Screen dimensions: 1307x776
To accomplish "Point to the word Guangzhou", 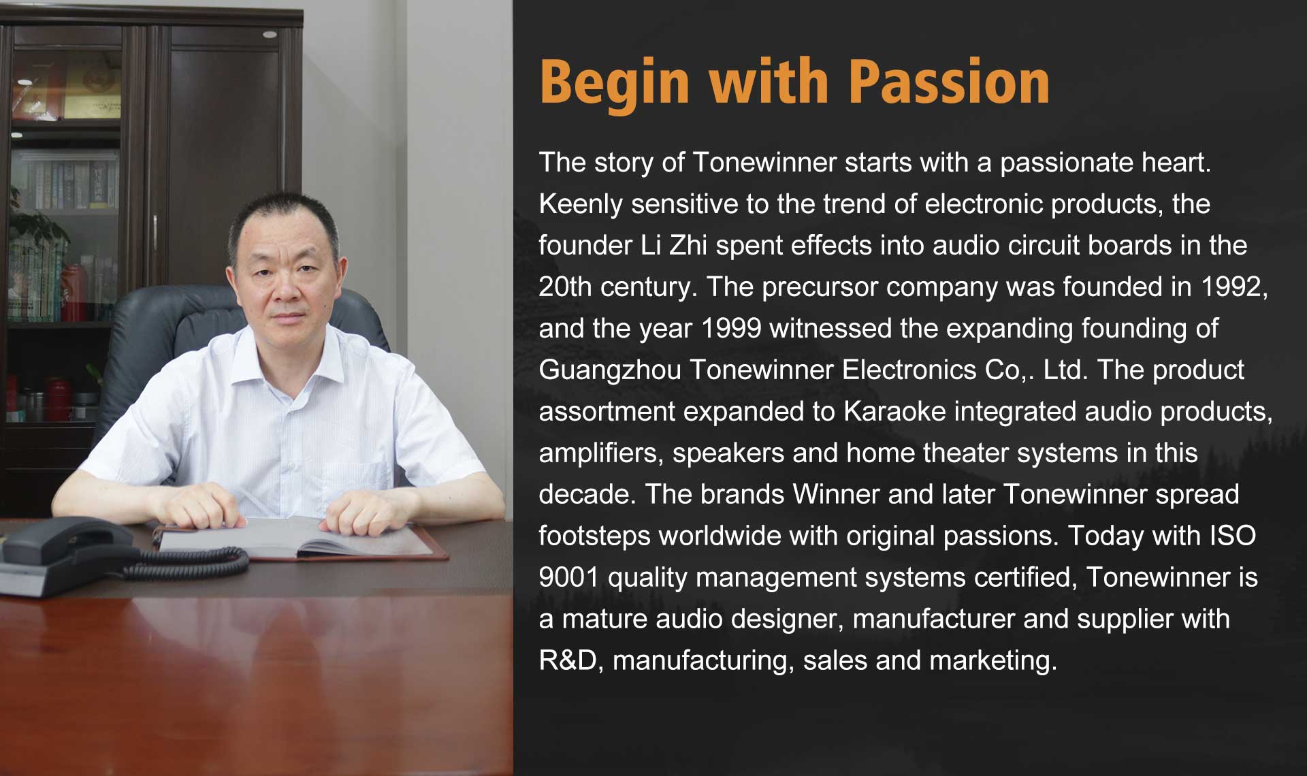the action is pyautogui.click(x=610, y=371).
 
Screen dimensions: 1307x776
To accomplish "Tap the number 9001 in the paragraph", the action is pyautogui.click(x=569, y=578).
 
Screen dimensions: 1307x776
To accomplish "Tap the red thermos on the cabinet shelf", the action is pyautogui.click(x=71, y=292).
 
